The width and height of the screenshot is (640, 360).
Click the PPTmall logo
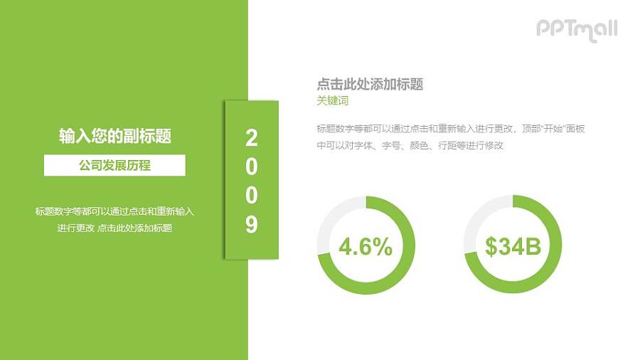[x=577, y=29]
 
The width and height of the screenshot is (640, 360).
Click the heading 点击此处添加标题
[x=370, y=85]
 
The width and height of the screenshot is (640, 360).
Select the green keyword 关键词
[x=333, y=101]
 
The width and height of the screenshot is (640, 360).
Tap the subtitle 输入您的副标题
[x=114, y=137]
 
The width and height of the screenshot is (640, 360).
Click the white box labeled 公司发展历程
[x=114, y=165]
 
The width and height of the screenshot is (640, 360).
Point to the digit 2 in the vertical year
[x=252, y=137]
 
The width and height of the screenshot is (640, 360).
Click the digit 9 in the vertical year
[x=252, y=225]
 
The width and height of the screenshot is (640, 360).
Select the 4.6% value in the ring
[x=366, y=247]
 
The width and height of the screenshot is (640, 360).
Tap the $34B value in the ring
[x=513, y=247]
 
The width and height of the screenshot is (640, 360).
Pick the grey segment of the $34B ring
[x=476, y=221]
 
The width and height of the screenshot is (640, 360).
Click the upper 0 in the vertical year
[x=252, y=166]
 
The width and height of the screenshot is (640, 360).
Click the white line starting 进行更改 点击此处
[x=114, y=228]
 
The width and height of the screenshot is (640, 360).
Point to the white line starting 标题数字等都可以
[x=114, y=211]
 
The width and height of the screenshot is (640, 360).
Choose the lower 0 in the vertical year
[x=252, y=196]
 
